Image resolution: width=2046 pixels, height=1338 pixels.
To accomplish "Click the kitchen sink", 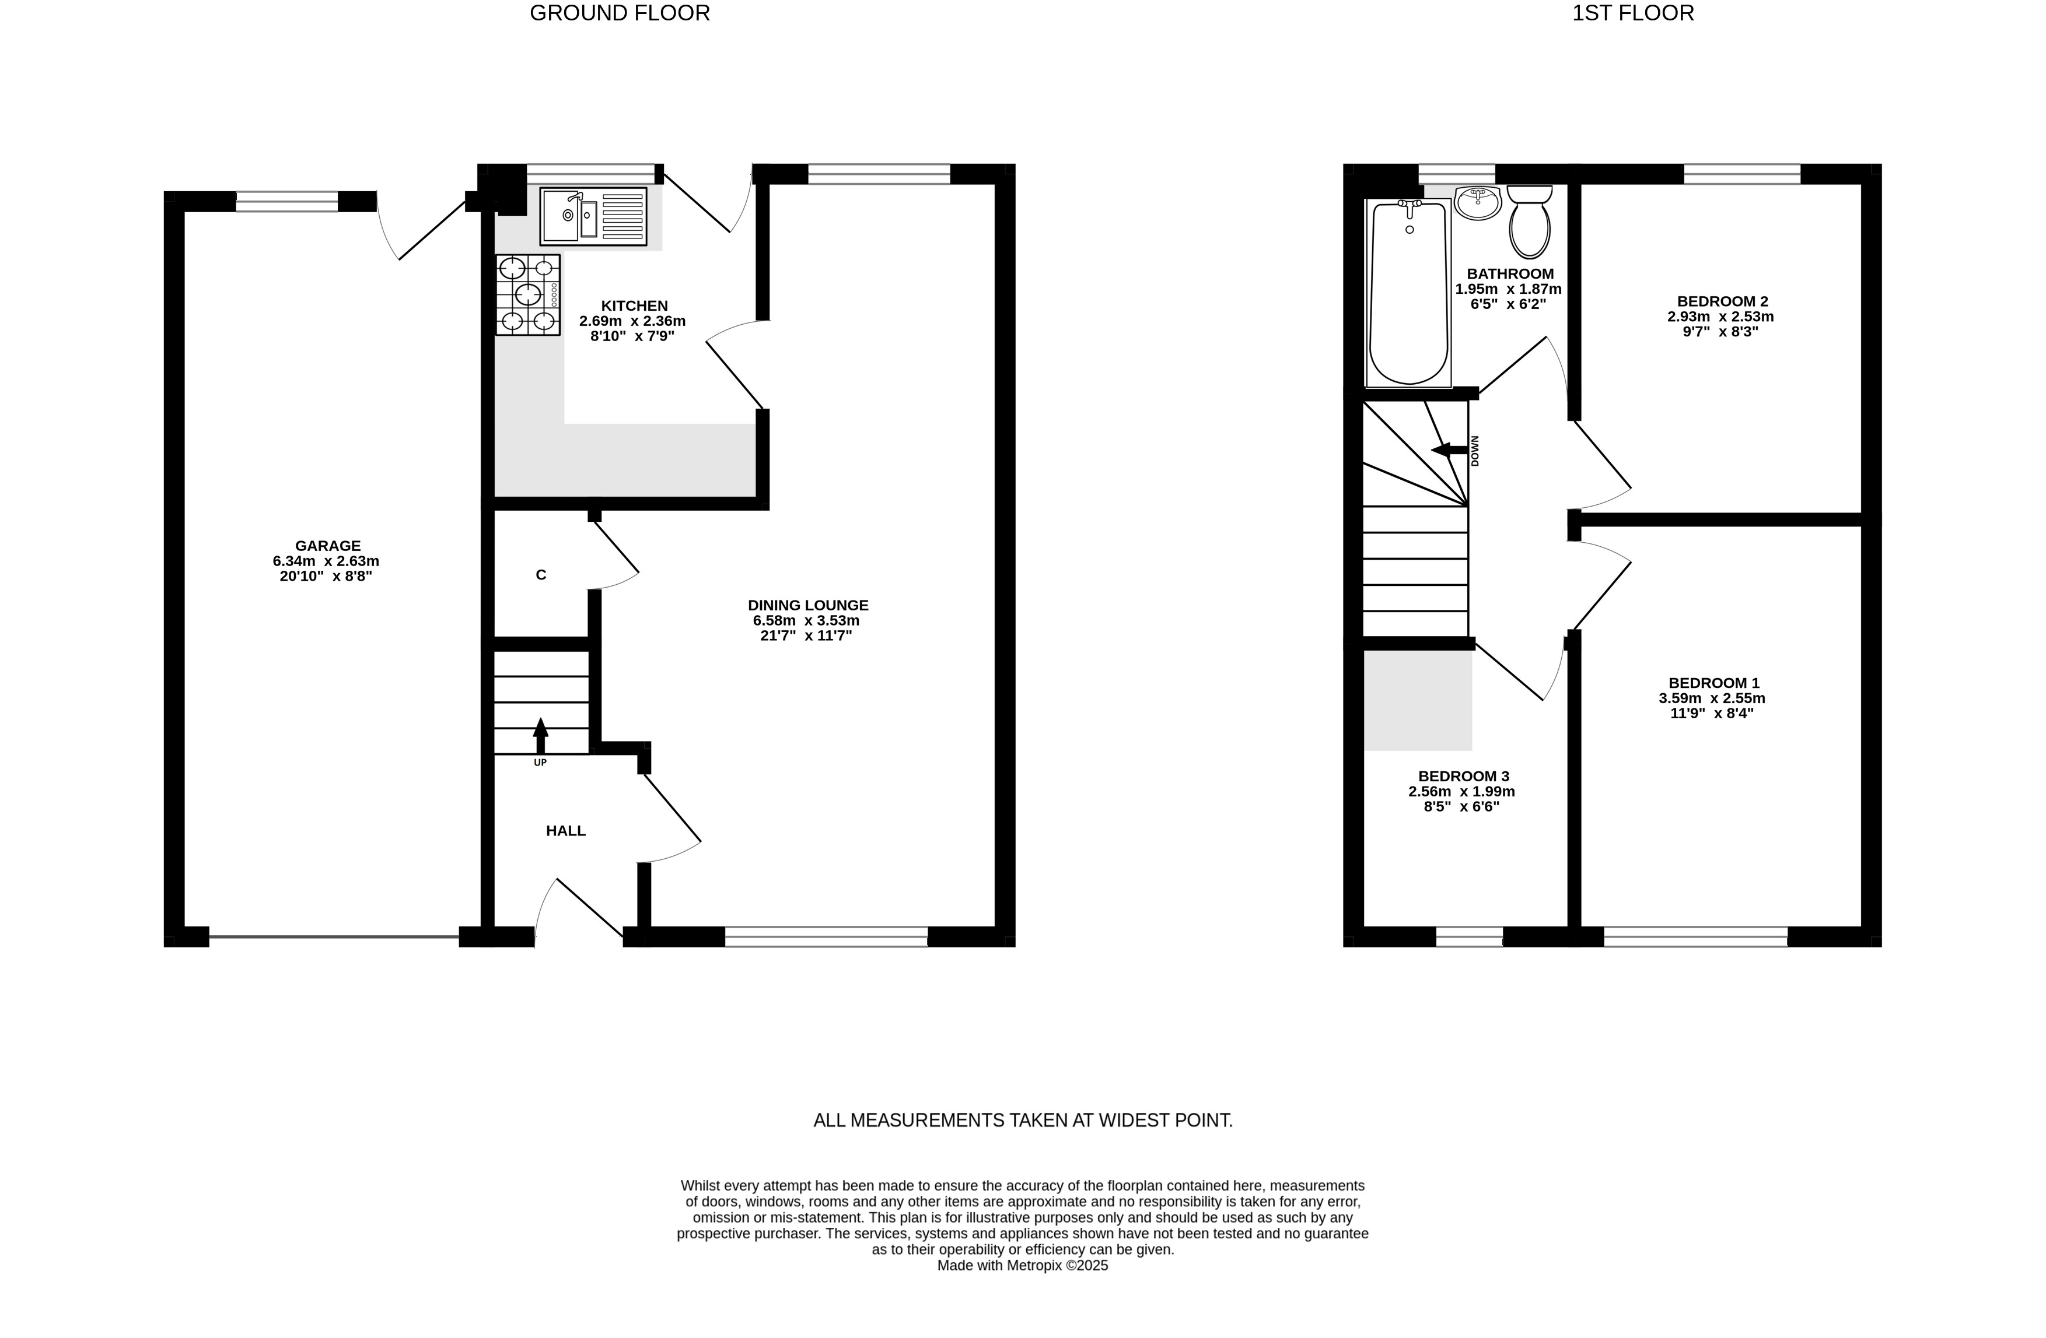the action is coord(593,216).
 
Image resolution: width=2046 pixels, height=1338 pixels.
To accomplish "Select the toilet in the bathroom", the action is coord(1529,222).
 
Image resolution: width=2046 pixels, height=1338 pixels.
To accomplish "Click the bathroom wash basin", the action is coord(1478,202).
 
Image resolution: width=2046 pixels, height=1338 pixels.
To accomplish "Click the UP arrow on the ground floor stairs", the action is coord(540,736).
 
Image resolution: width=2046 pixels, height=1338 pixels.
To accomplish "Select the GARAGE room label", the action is coord(327,546).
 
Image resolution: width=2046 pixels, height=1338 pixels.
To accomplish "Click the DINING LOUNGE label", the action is coord(808,605).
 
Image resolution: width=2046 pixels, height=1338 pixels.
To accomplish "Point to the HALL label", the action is coord(566,831).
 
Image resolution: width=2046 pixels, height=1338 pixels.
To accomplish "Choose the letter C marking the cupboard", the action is coord(541,575).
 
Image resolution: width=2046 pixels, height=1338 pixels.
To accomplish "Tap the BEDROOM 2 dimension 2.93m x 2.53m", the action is coord(1720,316).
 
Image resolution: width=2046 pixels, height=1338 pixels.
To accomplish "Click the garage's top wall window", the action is coord(287,202).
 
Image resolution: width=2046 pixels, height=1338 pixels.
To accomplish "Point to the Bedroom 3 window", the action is coord(1469,937).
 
